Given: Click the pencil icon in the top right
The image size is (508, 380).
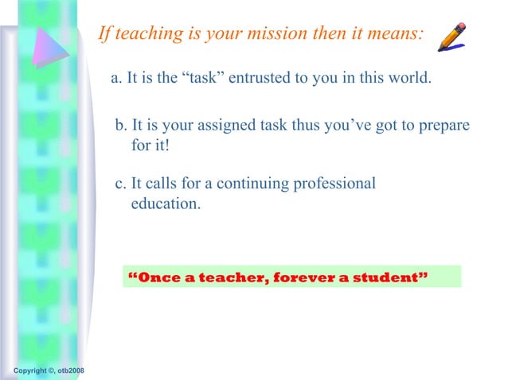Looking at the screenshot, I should (451, 37).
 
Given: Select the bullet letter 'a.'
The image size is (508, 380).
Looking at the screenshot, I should (116, 79).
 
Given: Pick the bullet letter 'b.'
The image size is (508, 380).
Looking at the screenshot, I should (121, 126).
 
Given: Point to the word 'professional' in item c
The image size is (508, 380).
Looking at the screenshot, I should (334, 184).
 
